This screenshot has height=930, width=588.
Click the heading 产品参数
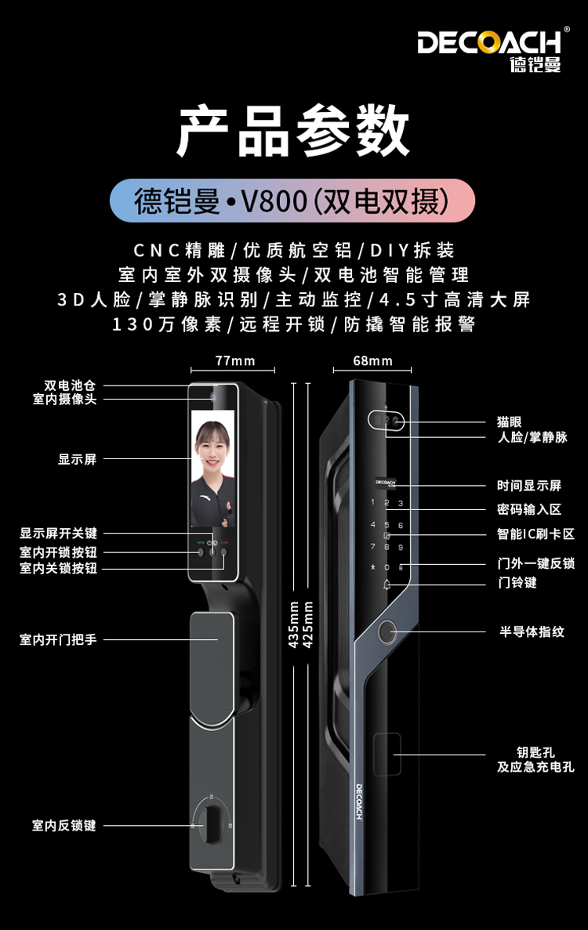(x=293, y=131)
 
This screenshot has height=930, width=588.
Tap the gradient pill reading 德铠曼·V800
(x=292, y=201)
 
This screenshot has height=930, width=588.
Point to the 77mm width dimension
(x=235, y=360)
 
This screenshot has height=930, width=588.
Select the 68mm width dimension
(x=372, y=360)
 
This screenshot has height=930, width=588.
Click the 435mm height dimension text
(x=294, y=624)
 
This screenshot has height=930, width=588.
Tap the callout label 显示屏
(x=77, y=459)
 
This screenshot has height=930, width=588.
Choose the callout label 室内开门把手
(x=58, y=639)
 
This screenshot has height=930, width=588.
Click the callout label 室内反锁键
(x=64, y=826)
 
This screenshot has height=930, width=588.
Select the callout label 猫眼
(x=509, y=422)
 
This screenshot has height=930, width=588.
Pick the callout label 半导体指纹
(x=532, y=631)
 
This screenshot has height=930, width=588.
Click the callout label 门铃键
(x=517, y=582)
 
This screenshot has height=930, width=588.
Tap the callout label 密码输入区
(x=528, y=509)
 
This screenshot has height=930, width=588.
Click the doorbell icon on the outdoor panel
(x=387, y=584)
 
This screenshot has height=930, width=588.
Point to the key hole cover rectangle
(x=387, y=754)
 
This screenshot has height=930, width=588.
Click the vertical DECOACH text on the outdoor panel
(x=359, y=802)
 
